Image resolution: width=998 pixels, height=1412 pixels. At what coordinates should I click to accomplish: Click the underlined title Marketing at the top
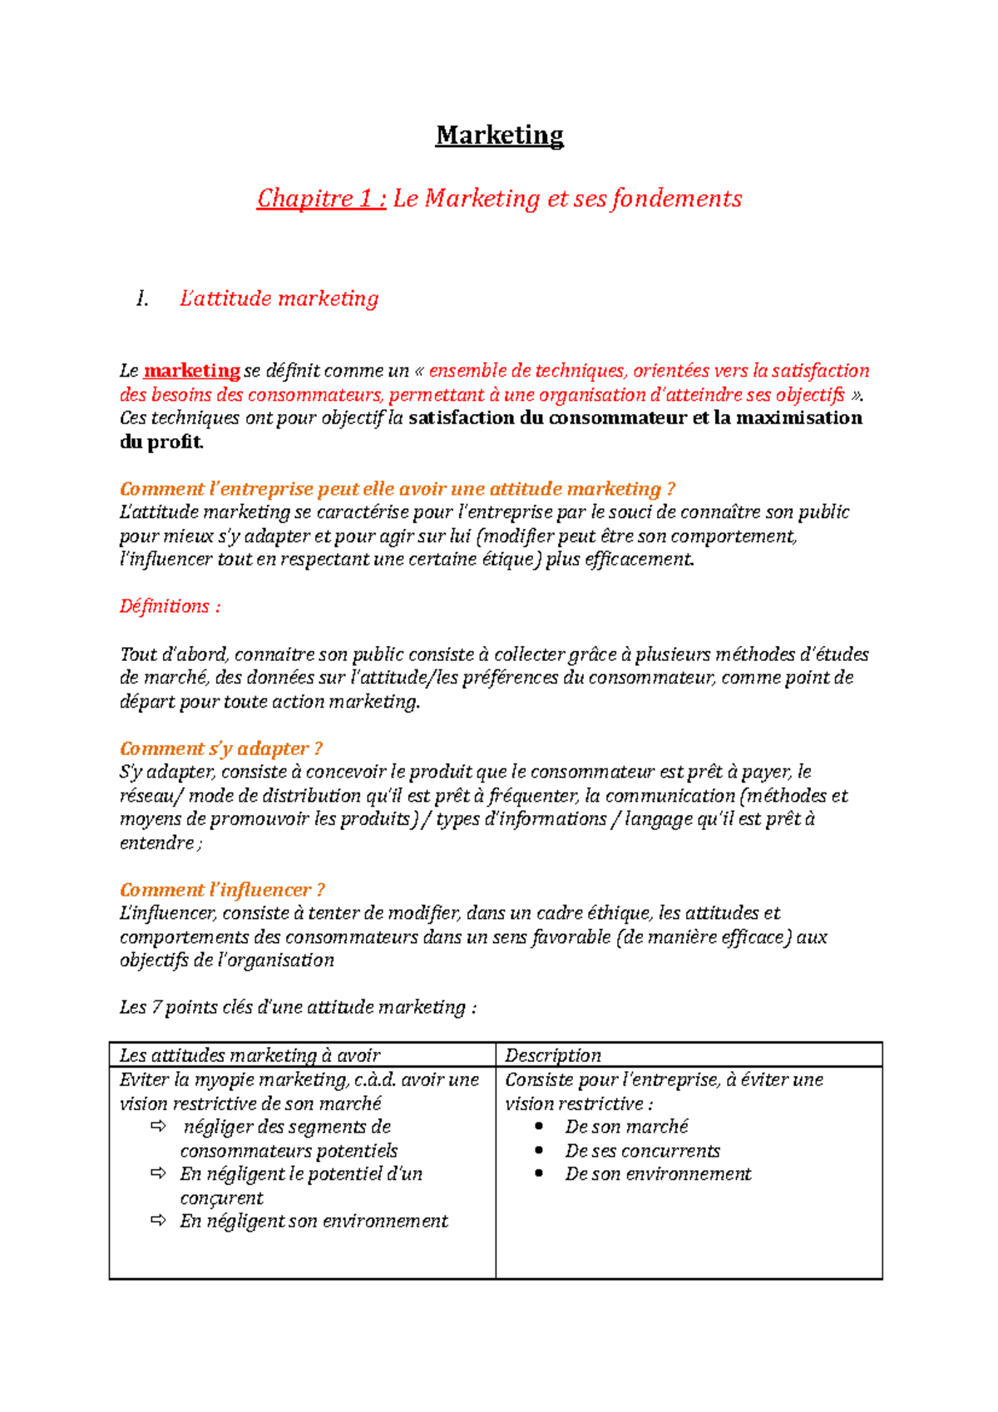pyautogui.click(x=499, y=136)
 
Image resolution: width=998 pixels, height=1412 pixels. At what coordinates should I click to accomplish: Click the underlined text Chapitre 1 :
pyautogui.click(x=321, y=199)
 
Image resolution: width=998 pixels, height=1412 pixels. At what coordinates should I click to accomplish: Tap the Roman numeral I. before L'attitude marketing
pyautogui.click(x=143, y=299)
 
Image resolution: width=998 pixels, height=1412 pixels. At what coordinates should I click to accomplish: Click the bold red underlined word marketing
pyautogui.click(x=191, y=371)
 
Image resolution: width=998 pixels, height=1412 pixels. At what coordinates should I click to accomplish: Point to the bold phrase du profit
pyautogui.click(x=161, y=442)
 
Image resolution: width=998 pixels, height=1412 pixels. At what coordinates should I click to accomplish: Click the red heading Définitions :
pyautogui.click(x=170, y=606)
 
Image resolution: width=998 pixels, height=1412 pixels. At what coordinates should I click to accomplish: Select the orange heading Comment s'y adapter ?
pyautogui.click(x=220, y=748)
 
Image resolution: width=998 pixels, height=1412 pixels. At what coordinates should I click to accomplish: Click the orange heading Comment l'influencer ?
pyautogui.click(x=222, y=890)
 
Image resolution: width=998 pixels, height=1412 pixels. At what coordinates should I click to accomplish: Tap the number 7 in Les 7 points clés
pyautogui.click(x=156, y=1008)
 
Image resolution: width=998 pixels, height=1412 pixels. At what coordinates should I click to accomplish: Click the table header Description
pyautogui.click(x=552, y=1055)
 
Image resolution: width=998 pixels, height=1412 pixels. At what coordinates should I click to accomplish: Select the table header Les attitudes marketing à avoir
pyautogui.click(x=249, y=1055)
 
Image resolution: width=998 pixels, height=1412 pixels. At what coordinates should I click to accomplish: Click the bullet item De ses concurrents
pyautogui.click(x=642, y=1151)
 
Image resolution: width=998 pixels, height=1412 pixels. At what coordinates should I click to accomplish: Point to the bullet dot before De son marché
pyautogui.click(x=539, y=1127)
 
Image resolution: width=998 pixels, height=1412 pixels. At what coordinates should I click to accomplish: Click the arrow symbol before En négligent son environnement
pyautogui.click(x=158, y=1221)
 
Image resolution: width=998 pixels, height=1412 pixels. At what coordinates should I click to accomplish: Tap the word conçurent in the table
pyautogui.click(x=221, y=1198)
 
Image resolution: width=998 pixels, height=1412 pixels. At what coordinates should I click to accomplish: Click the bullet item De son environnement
pyautogui.click(x=658, y=1174)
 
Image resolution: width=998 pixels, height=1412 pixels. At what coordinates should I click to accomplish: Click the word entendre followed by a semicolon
pyautogui.click(x=156, y=843)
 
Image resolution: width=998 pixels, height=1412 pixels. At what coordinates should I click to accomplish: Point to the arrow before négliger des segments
pyautogui.click(x=158, y=1127)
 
